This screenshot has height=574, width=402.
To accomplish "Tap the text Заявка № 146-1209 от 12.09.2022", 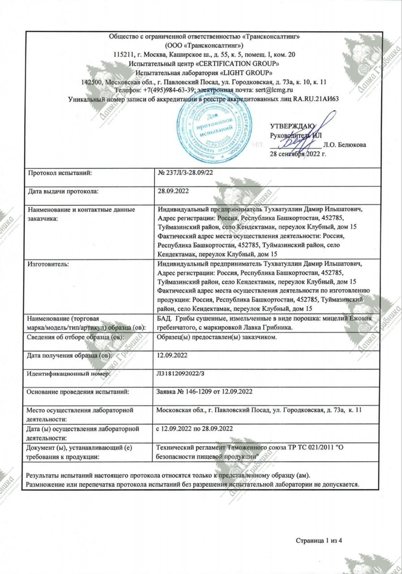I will coord(205,391).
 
